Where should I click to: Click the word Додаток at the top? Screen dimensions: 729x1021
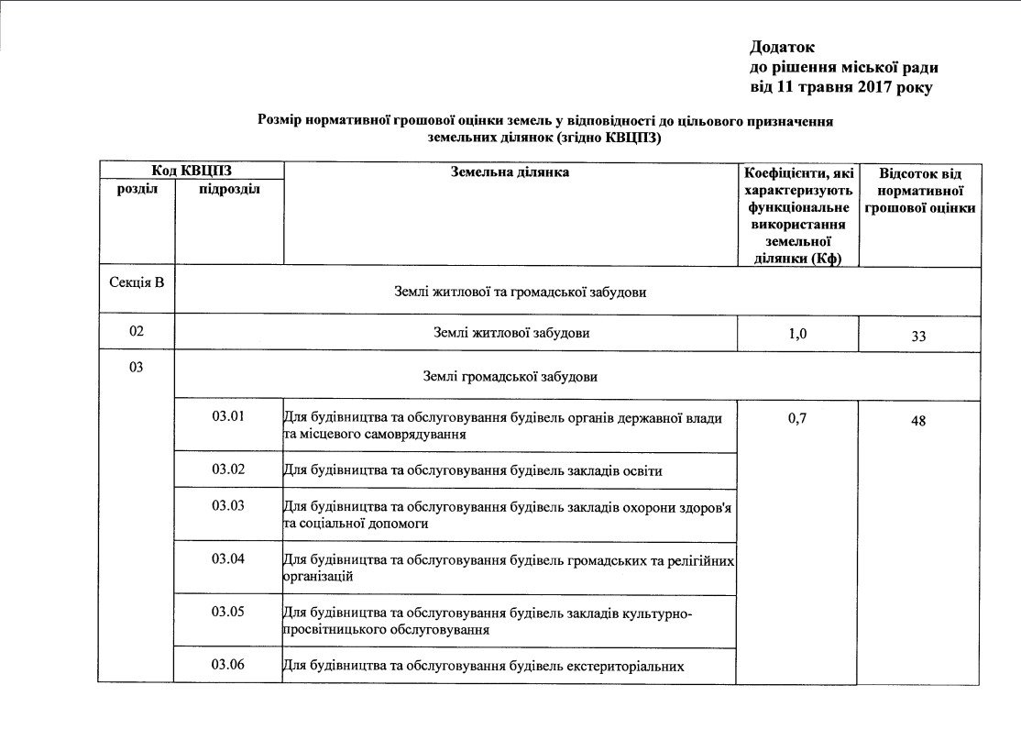[782, 47]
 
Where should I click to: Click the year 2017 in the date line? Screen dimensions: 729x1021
[873, 87]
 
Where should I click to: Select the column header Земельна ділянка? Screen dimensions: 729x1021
[510, 171]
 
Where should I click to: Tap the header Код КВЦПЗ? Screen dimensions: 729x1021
[192, 171]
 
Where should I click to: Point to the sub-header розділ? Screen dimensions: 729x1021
[137, 189]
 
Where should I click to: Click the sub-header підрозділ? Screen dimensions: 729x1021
[229, 189]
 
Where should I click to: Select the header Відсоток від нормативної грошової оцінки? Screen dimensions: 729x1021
[919, 191]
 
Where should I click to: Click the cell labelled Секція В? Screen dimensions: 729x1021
[137, 282]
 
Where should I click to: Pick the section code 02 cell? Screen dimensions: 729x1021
[137, 331]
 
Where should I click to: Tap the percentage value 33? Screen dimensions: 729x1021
[918, 337]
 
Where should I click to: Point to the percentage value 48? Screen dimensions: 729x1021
[918, 421]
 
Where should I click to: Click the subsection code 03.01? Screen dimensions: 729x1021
[228, 417]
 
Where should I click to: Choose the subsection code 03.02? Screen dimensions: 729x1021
[228, 469]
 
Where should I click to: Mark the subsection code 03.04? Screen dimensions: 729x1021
[228, 558]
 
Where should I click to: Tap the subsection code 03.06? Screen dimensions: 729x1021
[228, 664]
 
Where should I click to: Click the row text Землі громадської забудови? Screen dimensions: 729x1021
[511, 376]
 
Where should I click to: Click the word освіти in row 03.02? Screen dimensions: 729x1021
[642, 471]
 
